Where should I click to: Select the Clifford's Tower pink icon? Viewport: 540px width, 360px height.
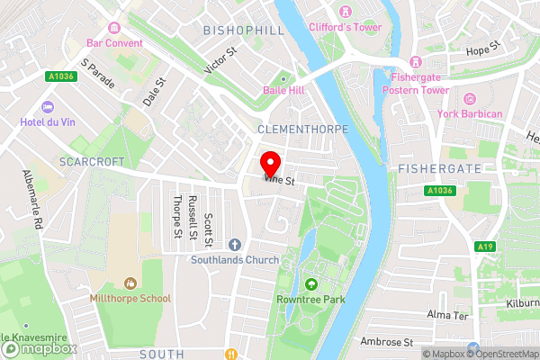[346, 12]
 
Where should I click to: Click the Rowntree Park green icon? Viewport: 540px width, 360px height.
[311, 285]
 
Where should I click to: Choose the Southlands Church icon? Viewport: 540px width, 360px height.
[235, 244]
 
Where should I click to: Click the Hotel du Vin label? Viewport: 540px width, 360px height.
[58, 120]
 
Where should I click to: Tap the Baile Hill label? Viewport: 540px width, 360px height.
[286, 91]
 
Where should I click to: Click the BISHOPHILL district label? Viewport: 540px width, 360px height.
[243, 31]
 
